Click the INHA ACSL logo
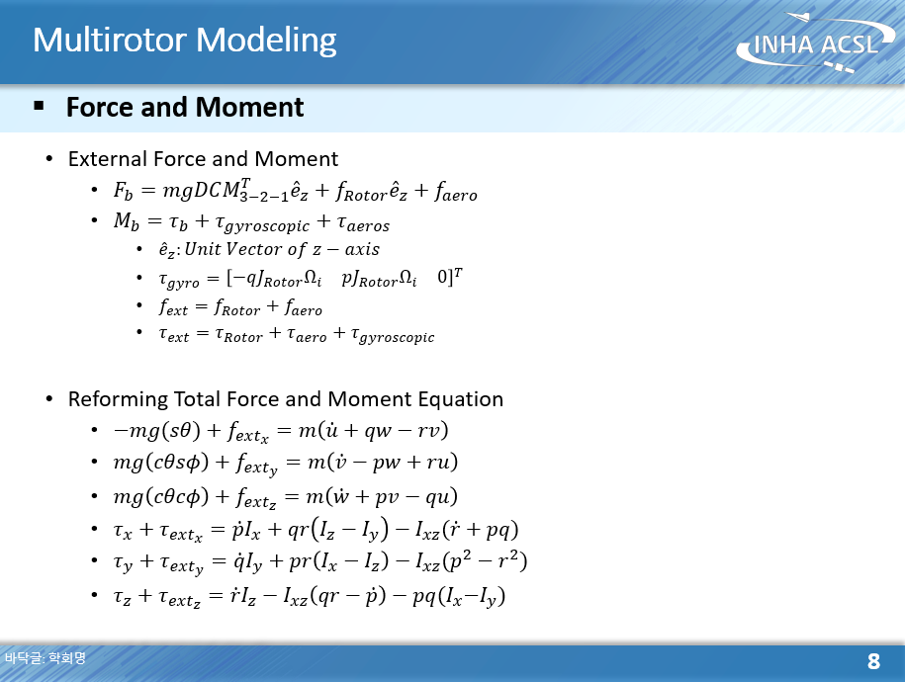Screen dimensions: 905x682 point(816,43)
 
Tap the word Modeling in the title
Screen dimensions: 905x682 point(267,42)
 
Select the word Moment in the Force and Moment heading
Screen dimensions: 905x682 point(249,108)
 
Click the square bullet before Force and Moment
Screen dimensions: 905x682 point(40,105)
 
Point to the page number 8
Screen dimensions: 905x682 point(873,660)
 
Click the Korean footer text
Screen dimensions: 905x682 point(45,657)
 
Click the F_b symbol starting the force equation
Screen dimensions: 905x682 point(123,191)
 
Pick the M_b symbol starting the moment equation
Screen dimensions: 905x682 point(127,221)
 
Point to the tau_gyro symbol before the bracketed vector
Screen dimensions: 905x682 point(179,281)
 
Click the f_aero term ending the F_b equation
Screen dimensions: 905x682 point(456,191)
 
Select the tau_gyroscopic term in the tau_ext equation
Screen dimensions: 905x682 point(393,335)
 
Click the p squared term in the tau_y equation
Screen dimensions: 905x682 point(460,561)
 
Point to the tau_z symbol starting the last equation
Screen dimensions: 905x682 point(122,597)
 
